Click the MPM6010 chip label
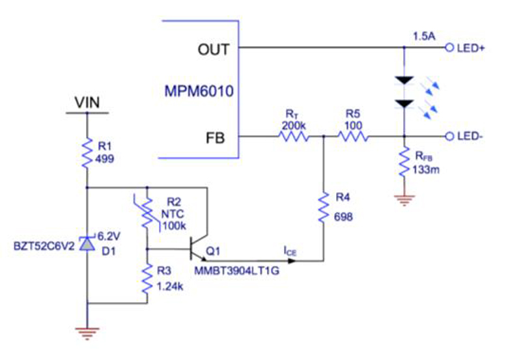tap(199, 91)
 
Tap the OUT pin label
tap(214, 49)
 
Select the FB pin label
tap(216, 138)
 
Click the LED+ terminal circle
tap(449, 48)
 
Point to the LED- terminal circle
tap(449, 137)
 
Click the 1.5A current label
tap(424, 36)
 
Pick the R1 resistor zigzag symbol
tap(87, 153)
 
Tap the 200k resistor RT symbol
tap(294, 136)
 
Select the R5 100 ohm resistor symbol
tap(353, 136)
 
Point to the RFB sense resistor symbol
tap(404, 162)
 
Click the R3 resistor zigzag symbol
tap(147, 279)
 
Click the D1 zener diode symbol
tap(87, 243)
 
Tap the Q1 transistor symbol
tap(198, 249)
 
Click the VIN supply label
tap(87, 102)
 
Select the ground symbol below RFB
tap(404, 201)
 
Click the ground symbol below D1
tap(87, 334)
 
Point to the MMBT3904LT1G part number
tap(236, 271)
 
